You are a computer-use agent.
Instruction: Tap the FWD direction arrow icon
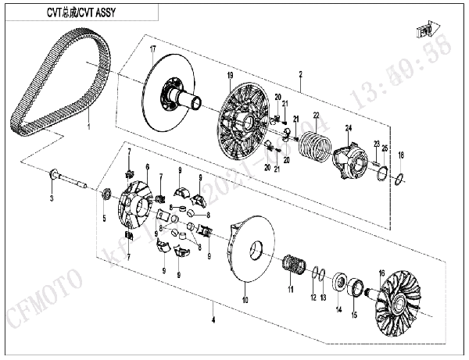(x=426, y=31)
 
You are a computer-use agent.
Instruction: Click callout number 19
(x=231, y=75)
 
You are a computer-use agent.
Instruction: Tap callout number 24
(x=349, y=127)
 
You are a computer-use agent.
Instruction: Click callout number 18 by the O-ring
(x=402, y=155)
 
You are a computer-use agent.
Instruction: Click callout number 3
(x=52, y=200)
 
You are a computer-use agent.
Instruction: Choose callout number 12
(x=313, y=297)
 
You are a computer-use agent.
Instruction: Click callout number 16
(x=381, y=273)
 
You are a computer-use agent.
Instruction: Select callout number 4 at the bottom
(x=212, y=319)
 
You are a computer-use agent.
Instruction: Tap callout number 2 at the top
(x=299, y=74)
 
